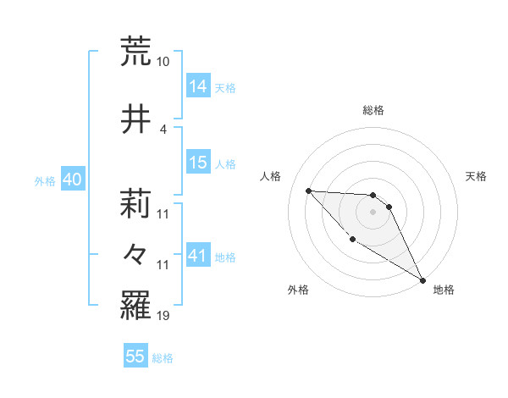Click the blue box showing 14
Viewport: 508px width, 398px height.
click(198, 86)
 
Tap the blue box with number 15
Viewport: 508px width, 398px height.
click(198, 163)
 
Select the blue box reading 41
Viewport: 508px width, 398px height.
click(198, 256)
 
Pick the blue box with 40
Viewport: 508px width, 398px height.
click(72, 180)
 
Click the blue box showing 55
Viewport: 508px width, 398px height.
click(135, 357)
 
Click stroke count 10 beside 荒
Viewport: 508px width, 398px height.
click(163, 62)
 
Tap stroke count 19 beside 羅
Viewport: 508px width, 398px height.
click(163, 316)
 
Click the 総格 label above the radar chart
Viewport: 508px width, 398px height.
click(373, 110)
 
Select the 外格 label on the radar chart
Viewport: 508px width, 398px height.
click(298, 290)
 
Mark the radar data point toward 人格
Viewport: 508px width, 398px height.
click(309, 191)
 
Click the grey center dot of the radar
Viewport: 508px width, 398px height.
click(373, 212)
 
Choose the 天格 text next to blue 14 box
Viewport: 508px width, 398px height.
click(225, 87)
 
